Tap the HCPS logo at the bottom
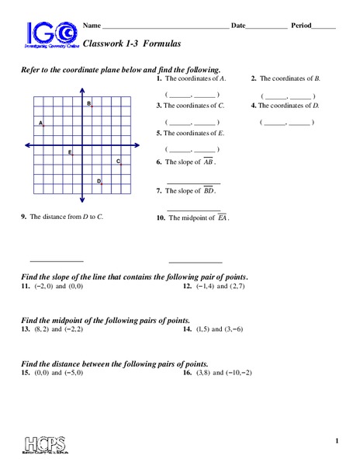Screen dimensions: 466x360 49,445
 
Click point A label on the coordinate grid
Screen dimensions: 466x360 40,123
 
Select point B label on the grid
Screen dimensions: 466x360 89,103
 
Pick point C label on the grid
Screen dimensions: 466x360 118,162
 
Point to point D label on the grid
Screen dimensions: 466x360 99,181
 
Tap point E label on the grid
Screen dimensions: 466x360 70,152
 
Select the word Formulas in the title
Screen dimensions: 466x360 161,46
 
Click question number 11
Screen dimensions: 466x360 26,287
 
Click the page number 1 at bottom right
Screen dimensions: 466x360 337,442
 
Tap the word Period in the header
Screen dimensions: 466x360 301,26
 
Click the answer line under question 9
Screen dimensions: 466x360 56,261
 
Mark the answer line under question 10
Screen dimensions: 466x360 195,262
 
